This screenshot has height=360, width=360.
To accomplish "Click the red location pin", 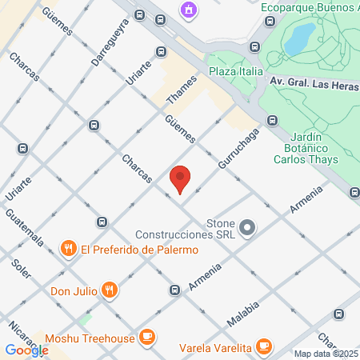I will [x=181, y=179].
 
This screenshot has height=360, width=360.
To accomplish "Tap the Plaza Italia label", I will [x=235, y=73].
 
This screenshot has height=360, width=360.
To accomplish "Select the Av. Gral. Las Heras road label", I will [x=314, y=82].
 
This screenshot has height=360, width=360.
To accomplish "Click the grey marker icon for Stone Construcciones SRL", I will [x=247, y=228].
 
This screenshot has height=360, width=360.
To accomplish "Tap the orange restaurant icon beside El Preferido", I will [x=70, y=249].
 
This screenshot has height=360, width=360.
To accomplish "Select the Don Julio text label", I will [x=74, y=290].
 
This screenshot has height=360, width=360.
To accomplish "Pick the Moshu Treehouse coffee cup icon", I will [x=146, y=338].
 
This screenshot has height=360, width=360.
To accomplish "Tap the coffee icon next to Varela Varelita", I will [x=263, y=345].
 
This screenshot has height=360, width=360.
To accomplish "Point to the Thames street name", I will [x=181, y=89].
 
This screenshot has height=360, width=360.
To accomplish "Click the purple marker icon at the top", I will [x=188, y=10].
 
